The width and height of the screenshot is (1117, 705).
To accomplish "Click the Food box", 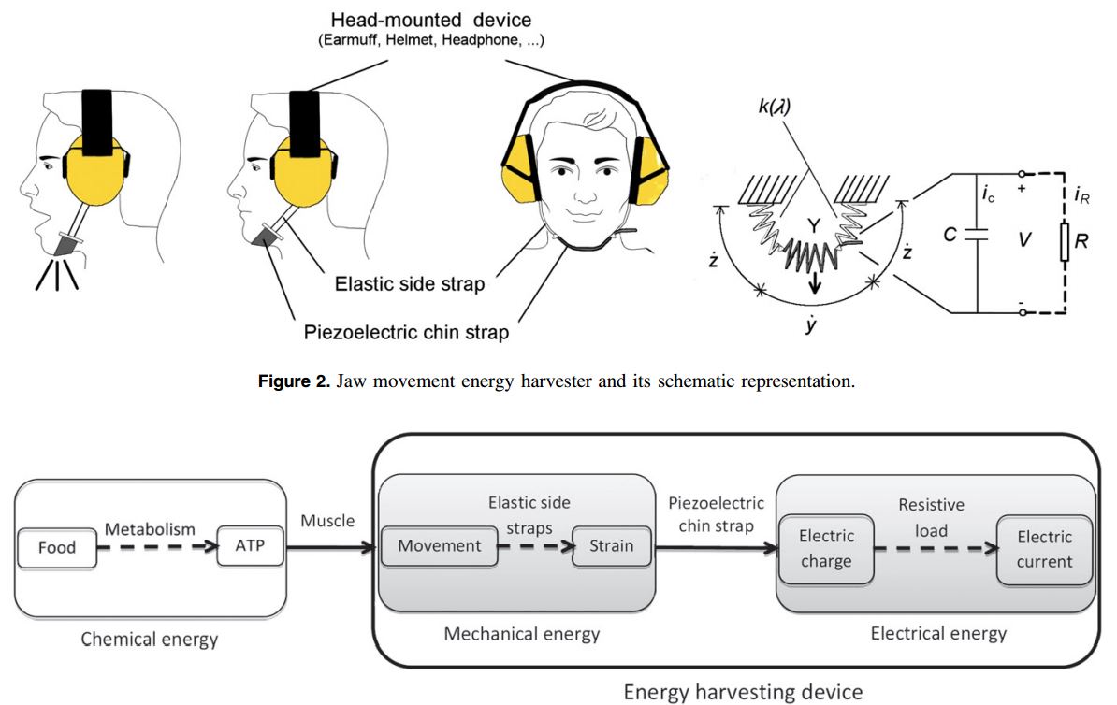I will (x=57, y=548).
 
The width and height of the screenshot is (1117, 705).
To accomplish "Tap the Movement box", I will (x=440, y=546).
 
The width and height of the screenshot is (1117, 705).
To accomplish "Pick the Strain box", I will (x=611, y=546).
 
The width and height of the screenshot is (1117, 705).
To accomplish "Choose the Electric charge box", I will (x=826, y=549).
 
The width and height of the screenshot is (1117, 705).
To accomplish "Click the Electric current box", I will (x=1044, y=549).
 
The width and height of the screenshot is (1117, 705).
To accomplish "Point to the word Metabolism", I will (x=150, y=529).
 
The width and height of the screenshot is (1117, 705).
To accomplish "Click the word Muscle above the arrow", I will (x=327, y=520).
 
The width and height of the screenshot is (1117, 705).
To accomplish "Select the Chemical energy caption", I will (x=150, y=640).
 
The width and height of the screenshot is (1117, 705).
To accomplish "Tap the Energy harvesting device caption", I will (x=743, y=692).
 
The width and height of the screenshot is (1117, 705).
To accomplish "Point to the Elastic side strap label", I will (x=410, y=282).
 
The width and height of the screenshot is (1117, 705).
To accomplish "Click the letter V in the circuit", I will (x=1024, y=240).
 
